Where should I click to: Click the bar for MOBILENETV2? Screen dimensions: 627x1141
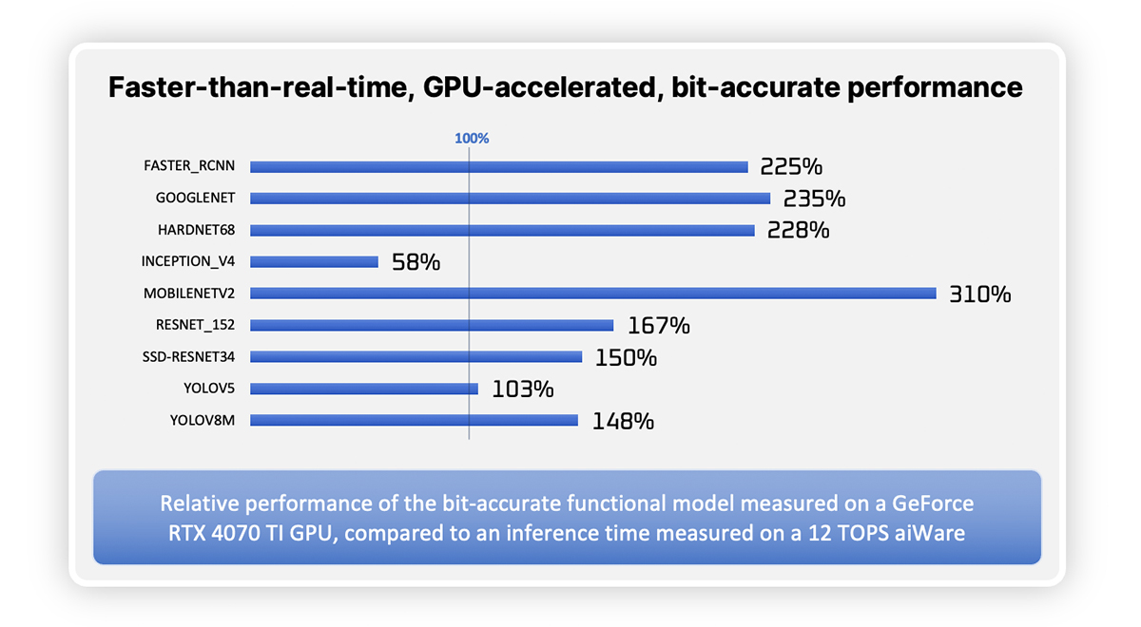click(593, 294)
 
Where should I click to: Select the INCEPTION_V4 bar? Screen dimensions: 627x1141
click(314, 261)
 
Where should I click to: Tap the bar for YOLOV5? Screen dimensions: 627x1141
click(363, 389)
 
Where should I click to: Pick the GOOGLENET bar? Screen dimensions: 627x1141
click(510, 199)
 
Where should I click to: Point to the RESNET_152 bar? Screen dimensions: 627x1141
click(432, 325)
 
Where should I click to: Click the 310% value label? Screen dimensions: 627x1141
click(979, 294)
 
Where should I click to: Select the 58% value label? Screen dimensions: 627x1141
click(416, 262)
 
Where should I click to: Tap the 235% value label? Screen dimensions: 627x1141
click(814, 199)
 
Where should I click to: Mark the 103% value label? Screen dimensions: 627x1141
click(522, 389)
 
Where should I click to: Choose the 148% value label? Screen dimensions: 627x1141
click(622, 421)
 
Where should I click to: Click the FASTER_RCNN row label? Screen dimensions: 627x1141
click(189, 166)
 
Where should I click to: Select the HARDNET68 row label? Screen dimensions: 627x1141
click(196, 230)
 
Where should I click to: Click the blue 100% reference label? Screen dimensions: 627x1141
click(471, 139)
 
